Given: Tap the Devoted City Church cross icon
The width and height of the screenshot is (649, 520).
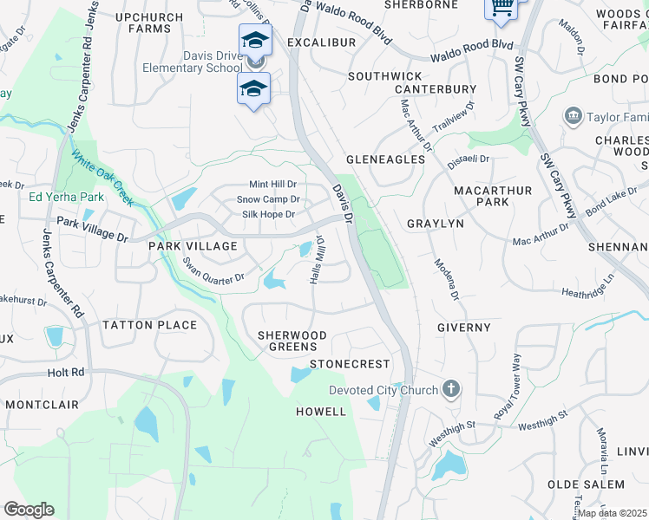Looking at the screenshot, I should pyautogui.click(x=450, y=389).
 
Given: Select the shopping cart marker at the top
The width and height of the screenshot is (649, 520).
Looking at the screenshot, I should pyautogui.click(x=501, y=7).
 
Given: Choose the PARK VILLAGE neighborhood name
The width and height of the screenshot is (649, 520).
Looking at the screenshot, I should pyautogui.click(x=193, y=247).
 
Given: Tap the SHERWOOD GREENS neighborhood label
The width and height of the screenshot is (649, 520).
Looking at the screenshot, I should pyautogui.click(x=292, y=341).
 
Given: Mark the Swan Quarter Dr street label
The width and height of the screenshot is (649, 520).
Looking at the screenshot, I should pyautogui.click(x=213, y=269).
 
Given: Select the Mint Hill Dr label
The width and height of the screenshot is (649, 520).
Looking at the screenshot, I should pyautogui.click(x=272, y=185).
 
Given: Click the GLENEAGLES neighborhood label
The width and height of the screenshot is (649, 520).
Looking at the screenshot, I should pyautogui.click(x=385, y=159).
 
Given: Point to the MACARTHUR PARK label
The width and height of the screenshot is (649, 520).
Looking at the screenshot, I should pyautogui.click(x=480, y=196).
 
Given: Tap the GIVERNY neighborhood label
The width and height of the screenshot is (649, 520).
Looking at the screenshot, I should pyautogui.click(x=463, y=328).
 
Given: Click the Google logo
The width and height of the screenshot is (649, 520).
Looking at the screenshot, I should pyautogui.click(x=29, y=509).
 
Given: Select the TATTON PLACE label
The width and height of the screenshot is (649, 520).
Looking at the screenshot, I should pyautogui.click(x=150, y=325).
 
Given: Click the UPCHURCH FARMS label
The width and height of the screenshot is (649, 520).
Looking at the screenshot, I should pyautogui.click(x=149, y=23).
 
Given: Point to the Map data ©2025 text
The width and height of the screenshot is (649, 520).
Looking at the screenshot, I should pyautogui.click(x=613, y=513).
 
